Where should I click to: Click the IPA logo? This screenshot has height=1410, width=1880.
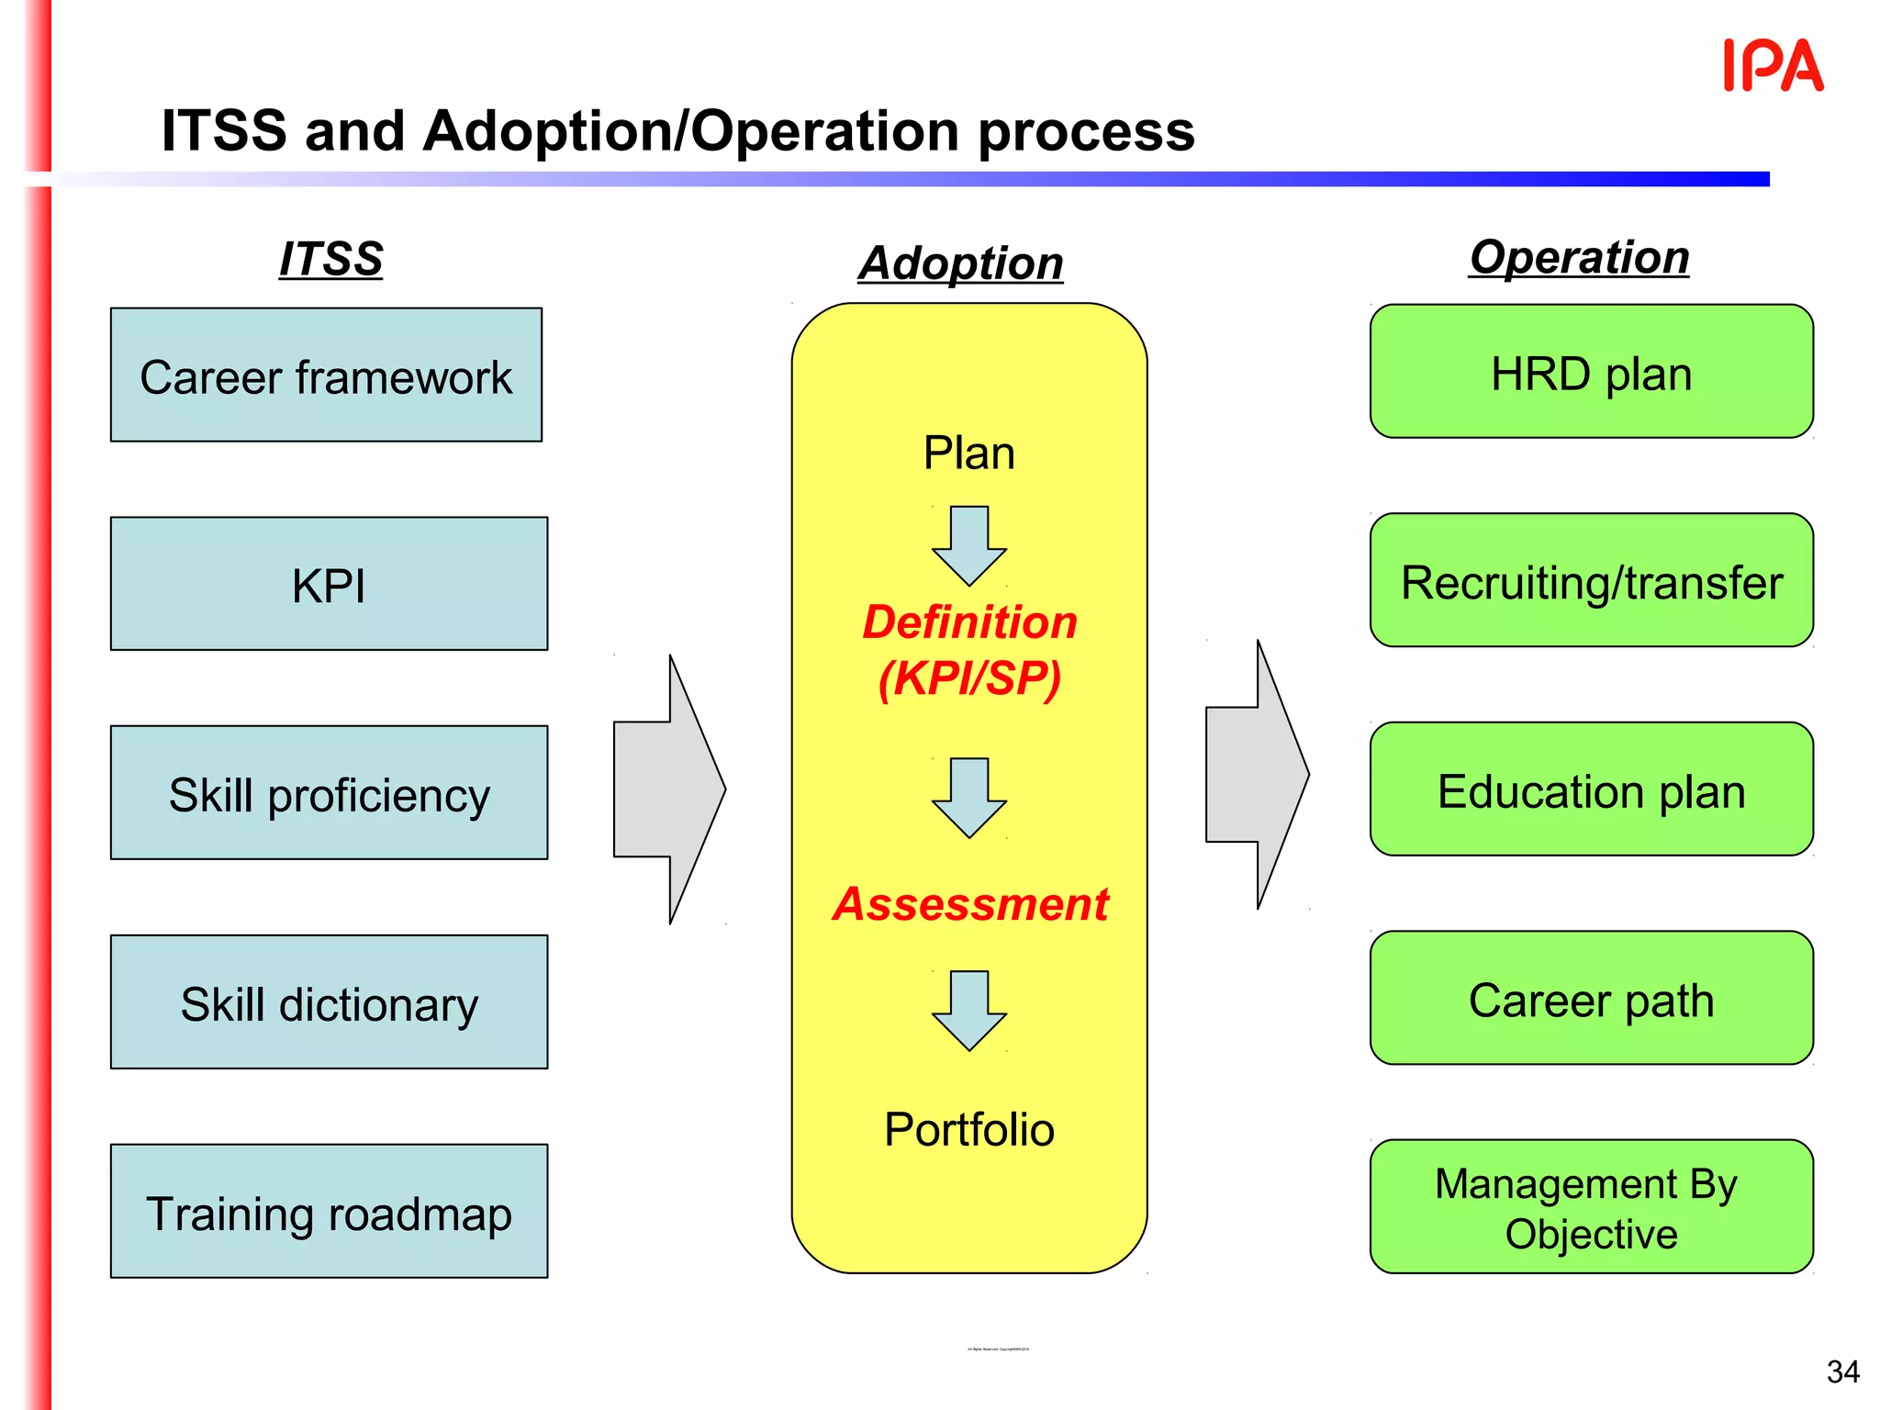click(x=1773, y=66)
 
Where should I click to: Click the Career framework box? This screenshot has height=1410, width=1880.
click(x=326, y=375)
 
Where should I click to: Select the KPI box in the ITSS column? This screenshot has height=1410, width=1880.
click(x=329, y=585)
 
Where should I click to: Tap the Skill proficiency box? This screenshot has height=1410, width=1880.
click(x=329, y=794)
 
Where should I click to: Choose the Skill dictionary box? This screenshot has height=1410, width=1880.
click(x=329, y=1003)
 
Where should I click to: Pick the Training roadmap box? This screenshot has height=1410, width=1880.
click(x=329, y=1212)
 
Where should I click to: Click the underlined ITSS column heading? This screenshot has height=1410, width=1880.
click(x=331, y=259)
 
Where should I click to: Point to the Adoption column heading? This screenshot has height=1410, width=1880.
click(x=961, y=263)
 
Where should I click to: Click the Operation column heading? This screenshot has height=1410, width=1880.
click(x=1580, y=257)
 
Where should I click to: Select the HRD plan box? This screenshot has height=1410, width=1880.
click(x=1591, y=373)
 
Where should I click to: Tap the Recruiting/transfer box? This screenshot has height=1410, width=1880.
click(x=1591, y=581)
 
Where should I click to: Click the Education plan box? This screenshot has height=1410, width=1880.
click(x=1591, y=790)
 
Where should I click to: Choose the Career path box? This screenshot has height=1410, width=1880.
click(x=1591, y=999)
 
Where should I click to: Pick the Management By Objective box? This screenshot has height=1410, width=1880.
click(x=1591, y=1208)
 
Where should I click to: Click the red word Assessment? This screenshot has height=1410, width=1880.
click(x=970, y=904)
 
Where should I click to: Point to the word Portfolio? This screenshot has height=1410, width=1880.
click(x=969, y=1129)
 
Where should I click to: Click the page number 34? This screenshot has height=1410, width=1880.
click(x=1842, y=1371)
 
